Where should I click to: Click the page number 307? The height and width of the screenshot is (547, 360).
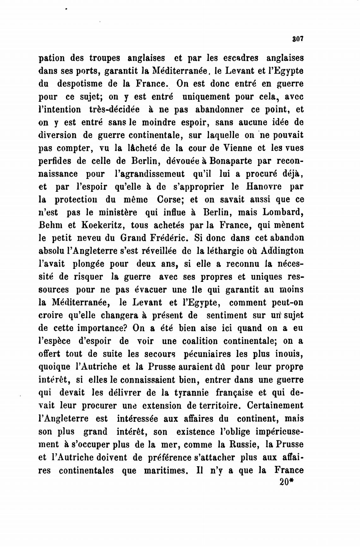298,39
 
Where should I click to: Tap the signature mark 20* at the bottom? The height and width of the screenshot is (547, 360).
287,483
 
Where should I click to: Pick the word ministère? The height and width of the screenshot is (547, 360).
116,212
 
